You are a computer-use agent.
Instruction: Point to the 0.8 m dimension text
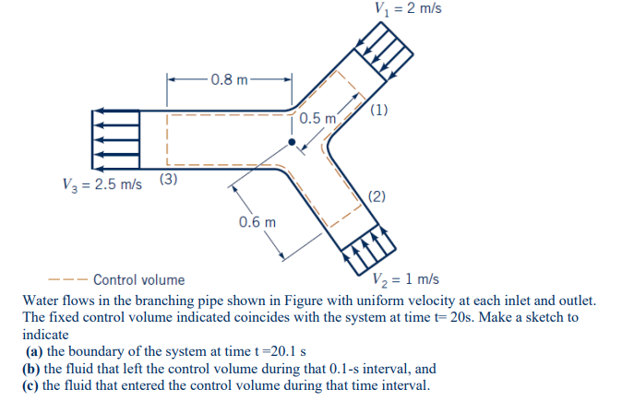click(x=228, y=79)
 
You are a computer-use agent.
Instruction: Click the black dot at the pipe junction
click(x=292, y=143)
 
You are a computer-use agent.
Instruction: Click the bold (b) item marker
click(x=34, y=369)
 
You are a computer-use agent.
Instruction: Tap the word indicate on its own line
click(x=45, y=336)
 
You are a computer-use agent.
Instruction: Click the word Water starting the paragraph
click(x=42, y=301)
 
